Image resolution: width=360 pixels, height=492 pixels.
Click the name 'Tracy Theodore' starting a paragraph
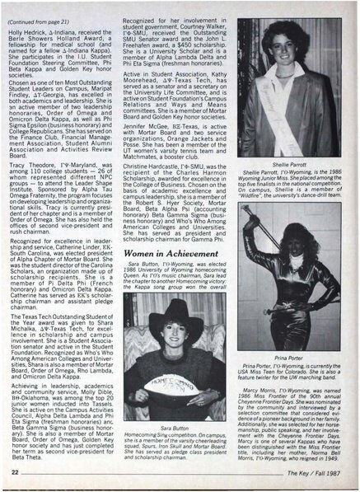coord(36,166)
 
